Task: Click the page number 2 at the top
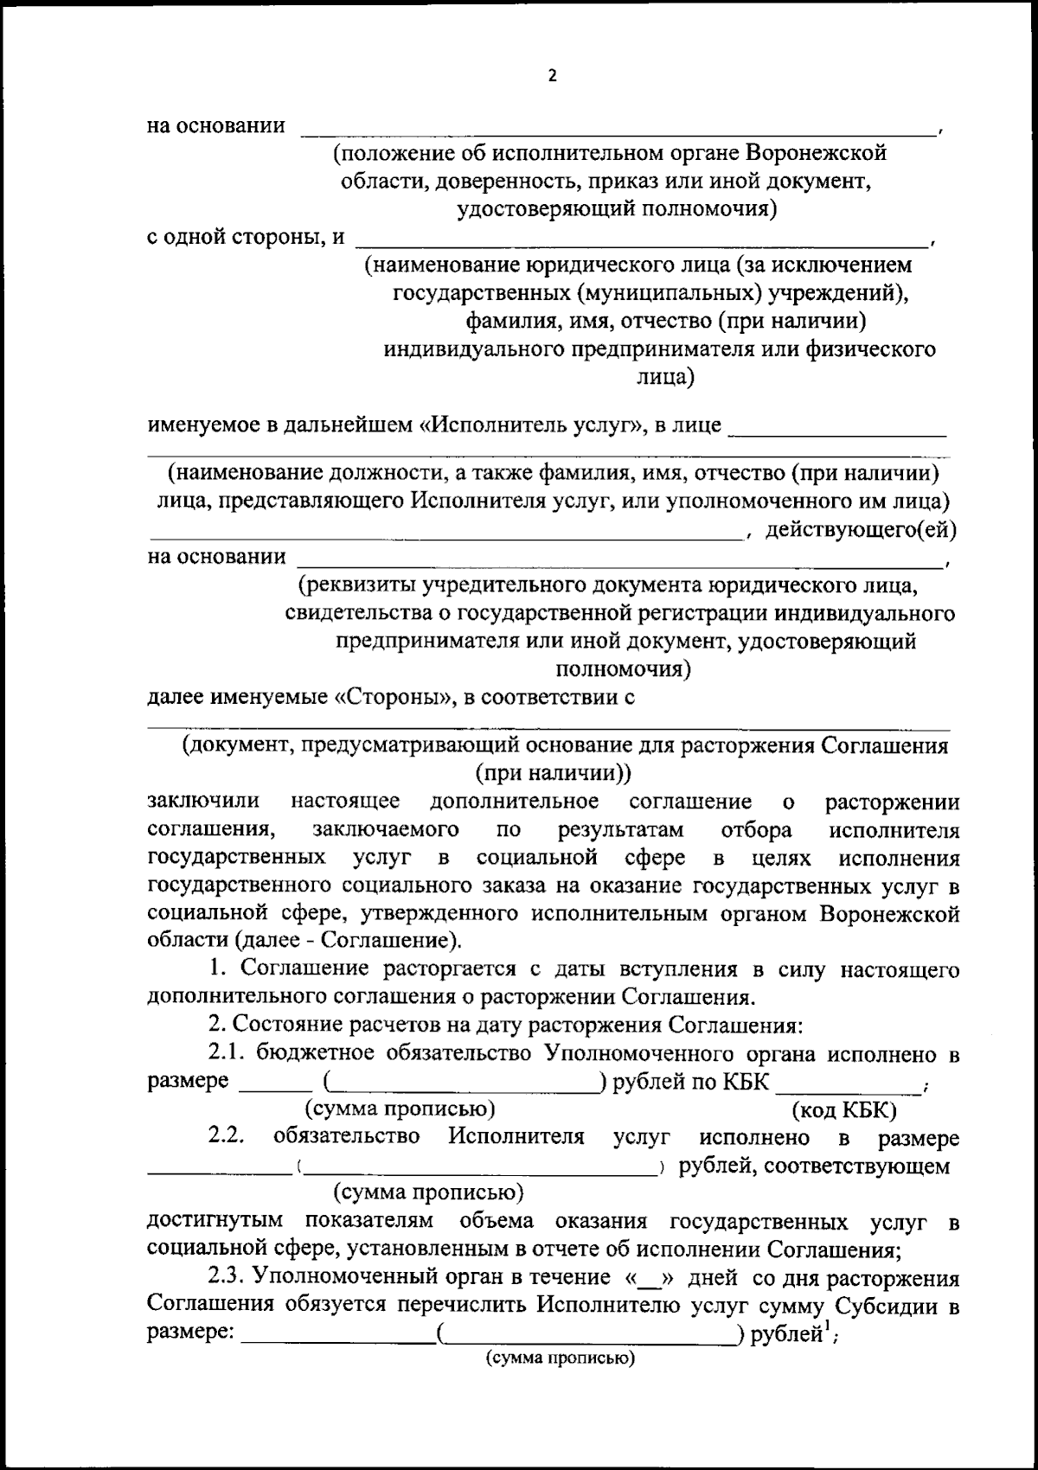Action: (552, 76)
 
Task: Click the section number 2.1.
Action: (228, 1054)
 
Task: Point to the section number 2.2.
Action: (227, 1137)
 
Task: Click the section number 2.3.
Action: (228, 1278)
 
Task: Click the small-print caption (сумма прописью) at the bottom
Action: (560, 1358)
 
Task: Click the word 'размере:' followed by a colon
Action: (190, 1334)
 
